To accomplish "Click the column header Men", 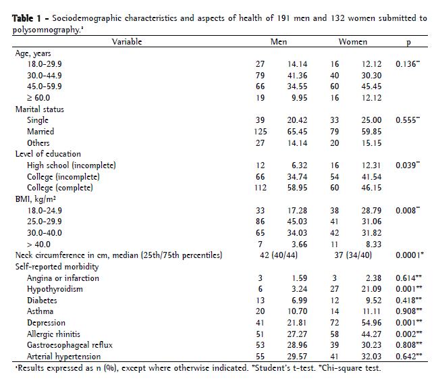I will pyautogui.click(x=279, y=42).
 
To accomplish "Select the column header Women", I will pyautogui.click(x=353, y=42).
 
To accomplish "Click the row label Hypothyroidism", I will pyautogui.click(x=55, y=288).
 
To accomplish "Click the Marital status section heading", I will pyautogui.click(x=43, y=109).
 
